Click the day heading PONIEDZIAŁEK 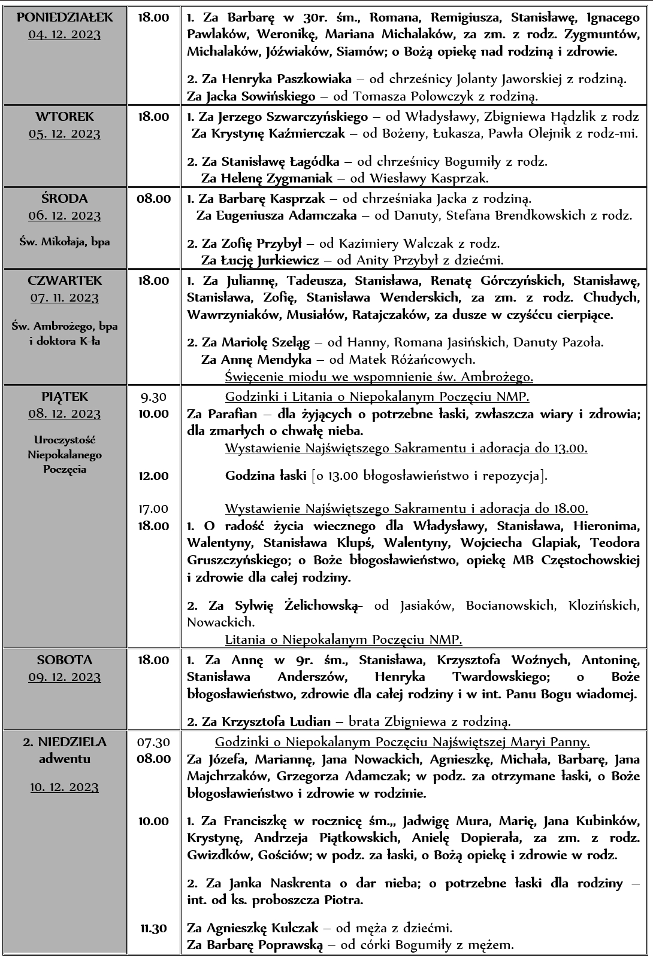[65, 17]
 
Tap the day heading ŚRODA [65, 198]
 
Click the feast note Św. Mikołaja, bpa [65, 242]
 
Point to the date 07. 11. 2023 [65, 297]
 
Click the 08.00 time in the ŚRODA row [153, 199]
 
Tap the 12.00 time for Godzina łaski [153, 476]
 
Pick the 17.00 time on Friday [153, 509]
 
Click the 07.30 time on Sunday [153, 742]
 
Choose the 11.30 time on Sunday [153, 928]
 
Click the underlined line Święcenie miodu [379, 377]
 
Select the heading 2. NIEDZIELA [65, 742]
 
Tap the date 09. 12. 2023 [65, 677]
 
